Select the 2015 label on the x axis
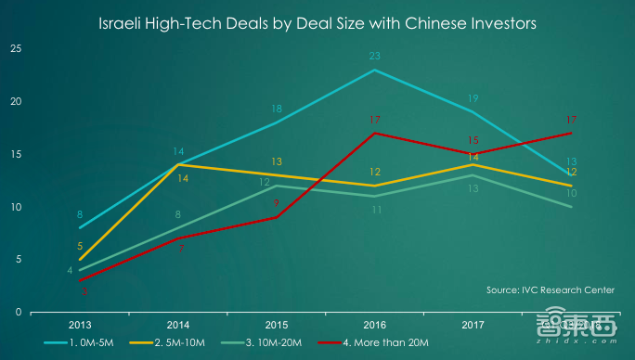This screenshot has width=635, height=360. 276,326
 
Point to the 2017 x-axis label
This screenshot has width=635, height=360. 473,326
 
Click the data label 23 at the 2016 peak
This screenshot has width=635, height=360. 374,57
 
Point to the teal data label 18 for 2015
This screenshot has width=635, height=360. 276,109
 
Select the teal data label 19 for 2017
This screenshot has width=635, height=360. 473,98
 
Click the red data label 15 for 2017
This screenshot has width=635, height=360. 473,140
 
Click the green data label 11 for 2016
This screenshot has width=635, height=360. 374,210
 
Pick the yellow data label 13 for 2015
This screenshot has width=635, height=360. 276,161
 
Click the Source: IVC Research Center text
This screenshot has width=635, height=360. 550,290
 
